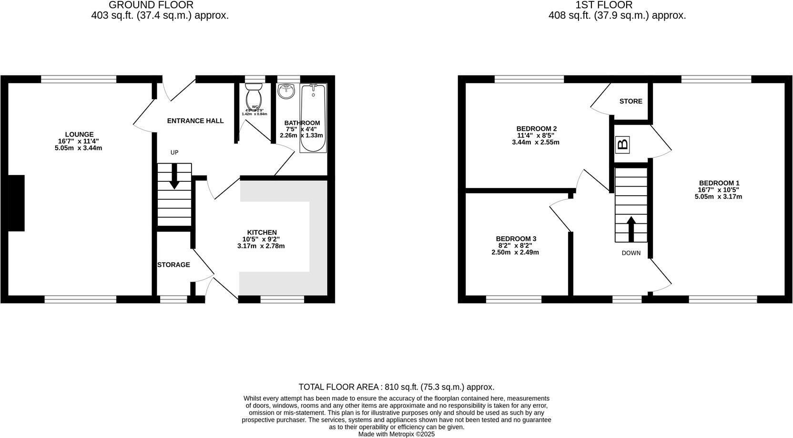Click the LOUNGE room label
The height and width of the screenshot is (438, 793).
[79, 135]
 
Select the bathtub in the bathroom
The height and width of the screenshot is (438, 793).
[313, 117]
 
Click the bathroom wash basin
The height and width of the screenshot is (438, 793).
[286, 91]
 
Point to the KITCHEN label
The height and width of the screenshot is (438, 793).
[262, 232]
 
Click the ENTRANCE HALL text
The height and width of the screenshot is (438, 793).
[195, 121]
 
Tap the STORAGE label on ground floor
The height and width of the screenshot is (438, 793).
[173, 265]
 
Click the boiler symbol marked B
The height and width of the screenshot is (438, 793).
[622, 145]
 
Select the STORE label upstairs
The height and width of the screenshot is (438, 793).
[630, 101]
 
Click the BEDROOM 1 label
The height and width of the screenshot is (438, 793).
[719, 183]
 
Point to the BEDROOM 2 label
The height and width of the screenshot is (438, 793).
[536, 129]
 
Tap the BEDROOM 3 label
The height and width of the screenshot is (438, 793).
[516, 239]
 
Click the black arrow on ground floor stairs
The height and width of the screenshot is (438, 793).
[174, 176]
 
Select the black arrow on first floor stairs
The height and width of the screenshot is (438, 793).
[631, 229]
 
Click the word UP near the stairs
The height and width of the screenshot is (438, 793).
[174, 153]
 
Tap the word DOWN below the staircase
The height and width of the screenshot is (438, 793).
[631, 253]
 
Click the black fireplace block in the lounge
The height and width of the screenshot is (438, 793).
[16, 203]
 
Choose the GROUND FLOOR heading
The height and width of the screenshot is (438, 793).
[151, 5]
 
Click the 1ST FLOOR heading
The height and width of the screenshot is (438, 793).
[604, 5]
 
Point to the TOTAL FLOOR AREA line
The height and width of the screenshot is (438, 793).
[396, 387]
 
